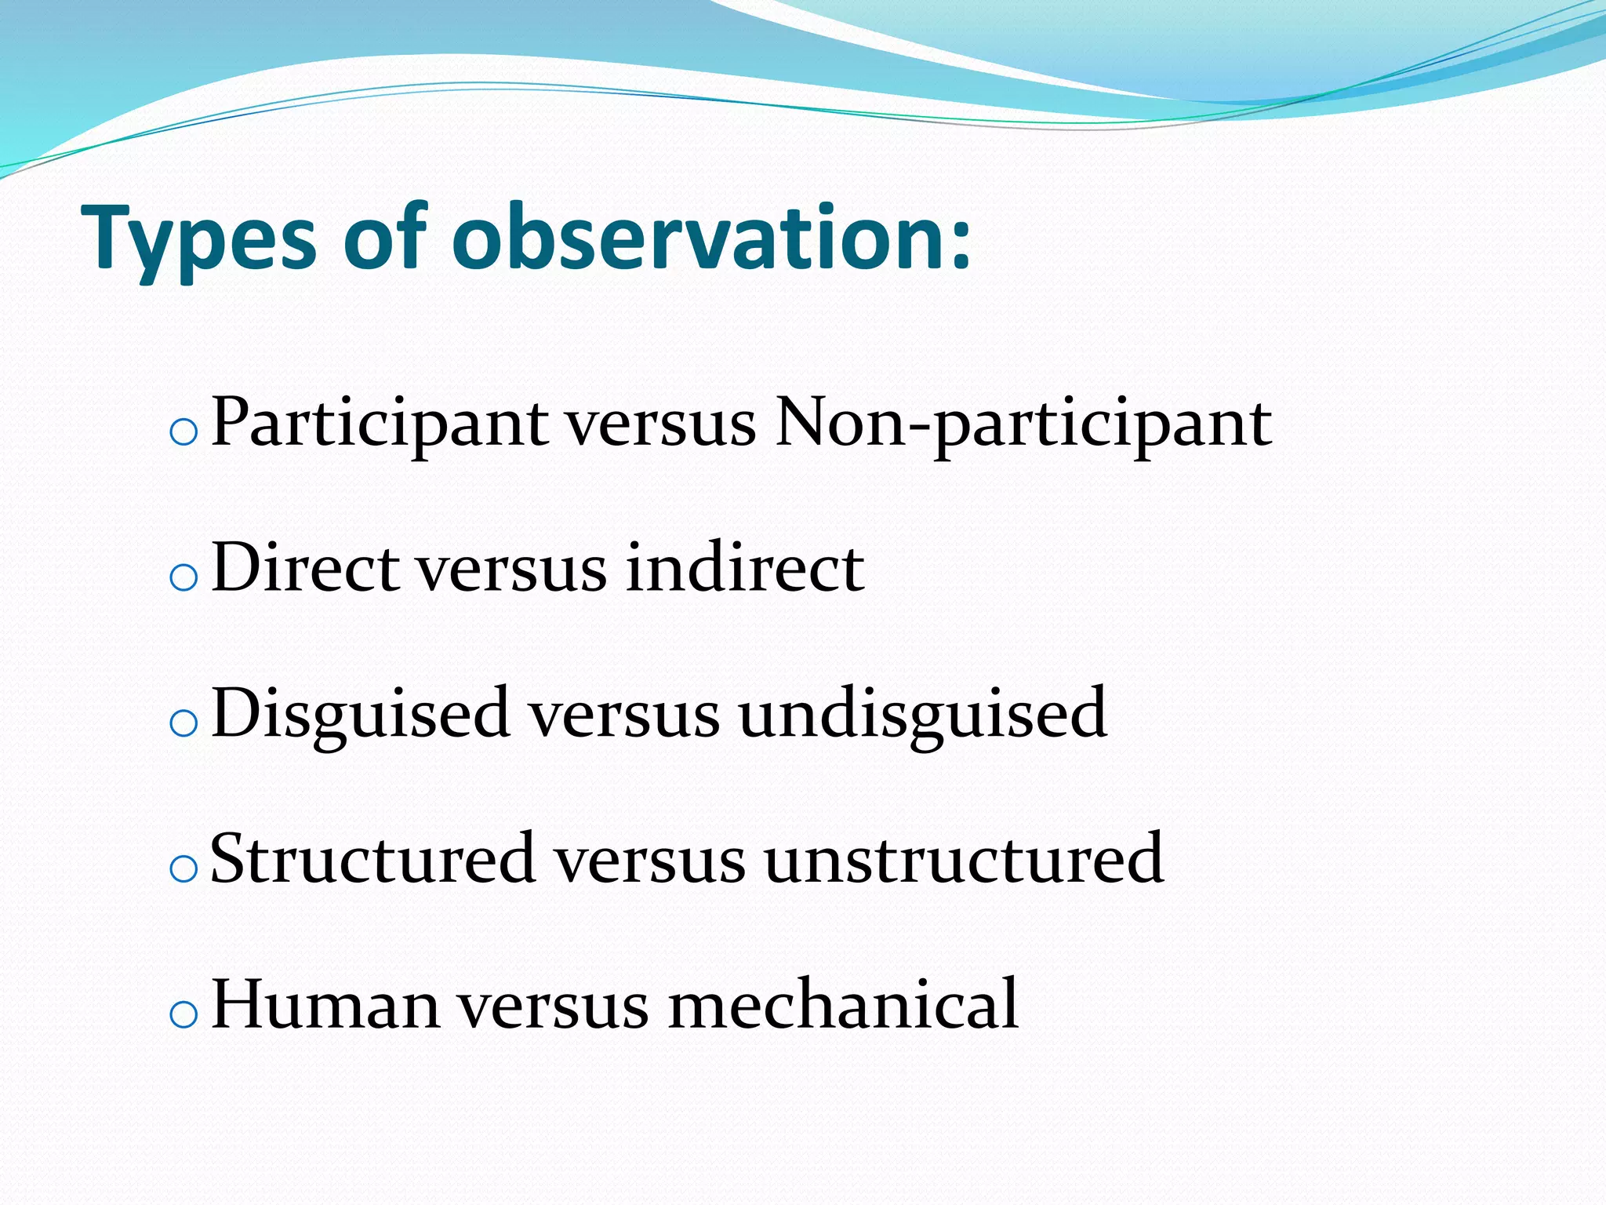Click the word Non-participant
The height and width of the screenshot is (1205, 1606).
(1023, 424)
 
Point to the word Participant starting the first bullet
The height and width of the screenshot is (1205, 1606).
(380, 424)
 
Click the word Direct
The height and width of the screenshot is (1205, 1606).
(306, 568)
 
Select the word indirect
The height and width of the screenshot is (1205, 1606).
(745, 568)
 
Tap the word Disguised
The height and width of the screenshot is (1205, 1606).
(361, 713)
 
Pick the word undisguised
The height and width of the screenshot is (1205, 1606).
(922, 713)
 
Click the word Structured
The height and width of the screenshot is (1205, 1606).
(373, 859)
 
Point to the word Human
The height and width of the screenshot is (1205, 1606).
(325, 1004)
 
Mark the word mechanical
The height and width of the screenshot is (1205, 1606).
(842, 1004)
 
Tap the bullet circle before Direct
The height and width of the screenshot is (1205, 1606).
(183, 578)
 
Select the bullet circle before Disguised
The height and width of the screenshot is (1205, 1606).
(183, 723)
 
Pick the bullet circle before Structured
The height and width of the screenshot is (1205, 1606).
(183, 869)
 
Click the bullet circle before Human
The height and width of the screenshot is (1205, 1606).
(183, 1014)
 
